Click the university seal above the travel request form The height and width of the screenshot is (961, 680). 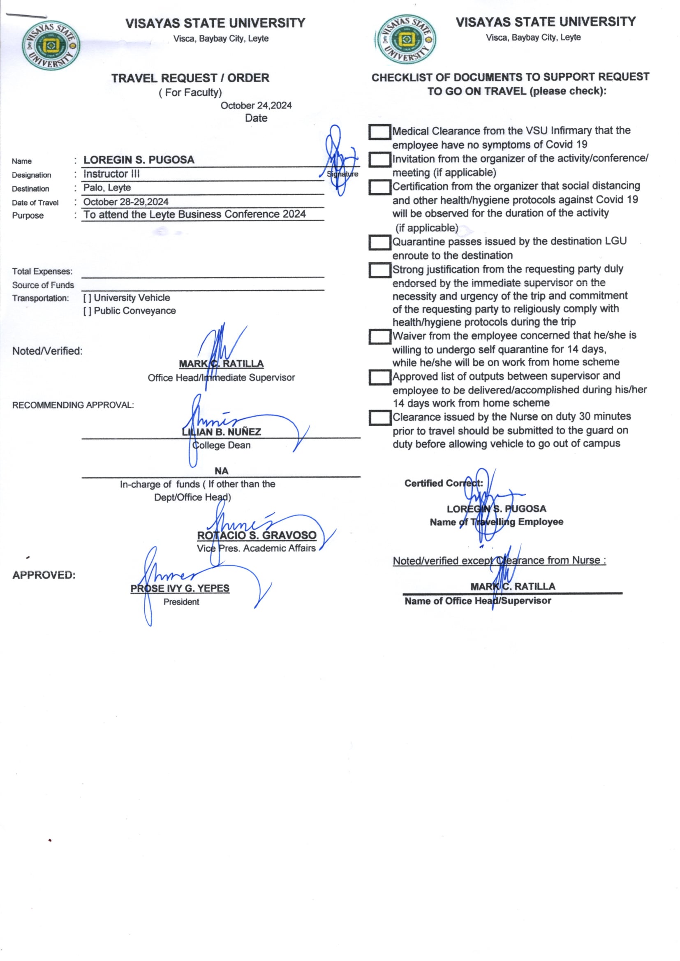click(51, 45)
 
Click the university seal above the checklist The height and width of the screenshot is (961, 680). click(405, 40)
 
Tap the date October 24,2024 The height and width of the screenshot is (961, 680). click(256, 106)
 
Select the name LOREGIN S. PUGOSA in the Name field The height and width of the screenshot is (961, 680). click(139, 160)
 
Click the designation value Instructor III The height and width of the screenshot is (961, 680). click(111, 174)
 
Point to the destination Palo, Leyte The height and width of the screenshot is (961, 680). click(107, 187)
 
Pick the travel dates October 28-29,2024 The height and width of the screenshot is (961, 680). click(126, 202)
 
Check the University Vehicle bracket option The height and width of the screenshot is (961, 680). click(87, 298)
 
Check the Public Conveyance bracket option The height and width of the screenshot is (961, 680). click(87, 311)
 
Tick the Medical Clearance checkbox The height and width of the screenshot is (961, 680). click(379, 132)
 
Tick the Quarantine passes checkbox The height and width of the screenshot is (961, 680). click(379, 243)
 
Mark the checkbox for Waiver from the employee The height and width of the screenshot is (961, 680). click(379, 337)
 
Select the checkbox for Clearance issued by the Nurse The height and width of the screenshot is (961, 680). click(379, 418)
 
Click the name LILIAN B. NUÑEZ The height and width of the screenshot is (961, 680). click(221, 432)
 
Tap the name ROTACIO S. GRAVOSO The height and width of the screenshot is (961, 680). click(257, 535)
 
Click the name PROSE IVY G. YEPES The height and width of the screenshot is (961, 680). click(180, 589)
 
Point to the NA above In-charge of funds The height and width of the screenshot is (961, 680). click(221, 471)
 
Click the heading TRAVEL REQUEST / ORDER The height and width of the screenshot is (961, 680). click(190, 78)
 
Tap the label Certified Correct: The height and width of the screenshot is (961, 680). click(444, 483)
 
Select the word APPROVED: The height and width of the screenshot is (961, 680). click(44, 575)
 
